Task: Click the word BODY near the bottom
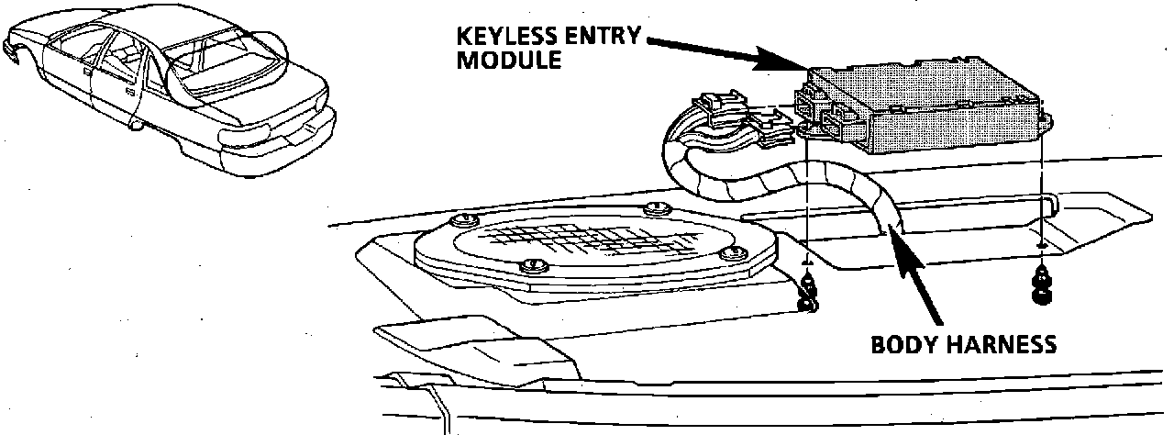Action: (903, 344)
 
